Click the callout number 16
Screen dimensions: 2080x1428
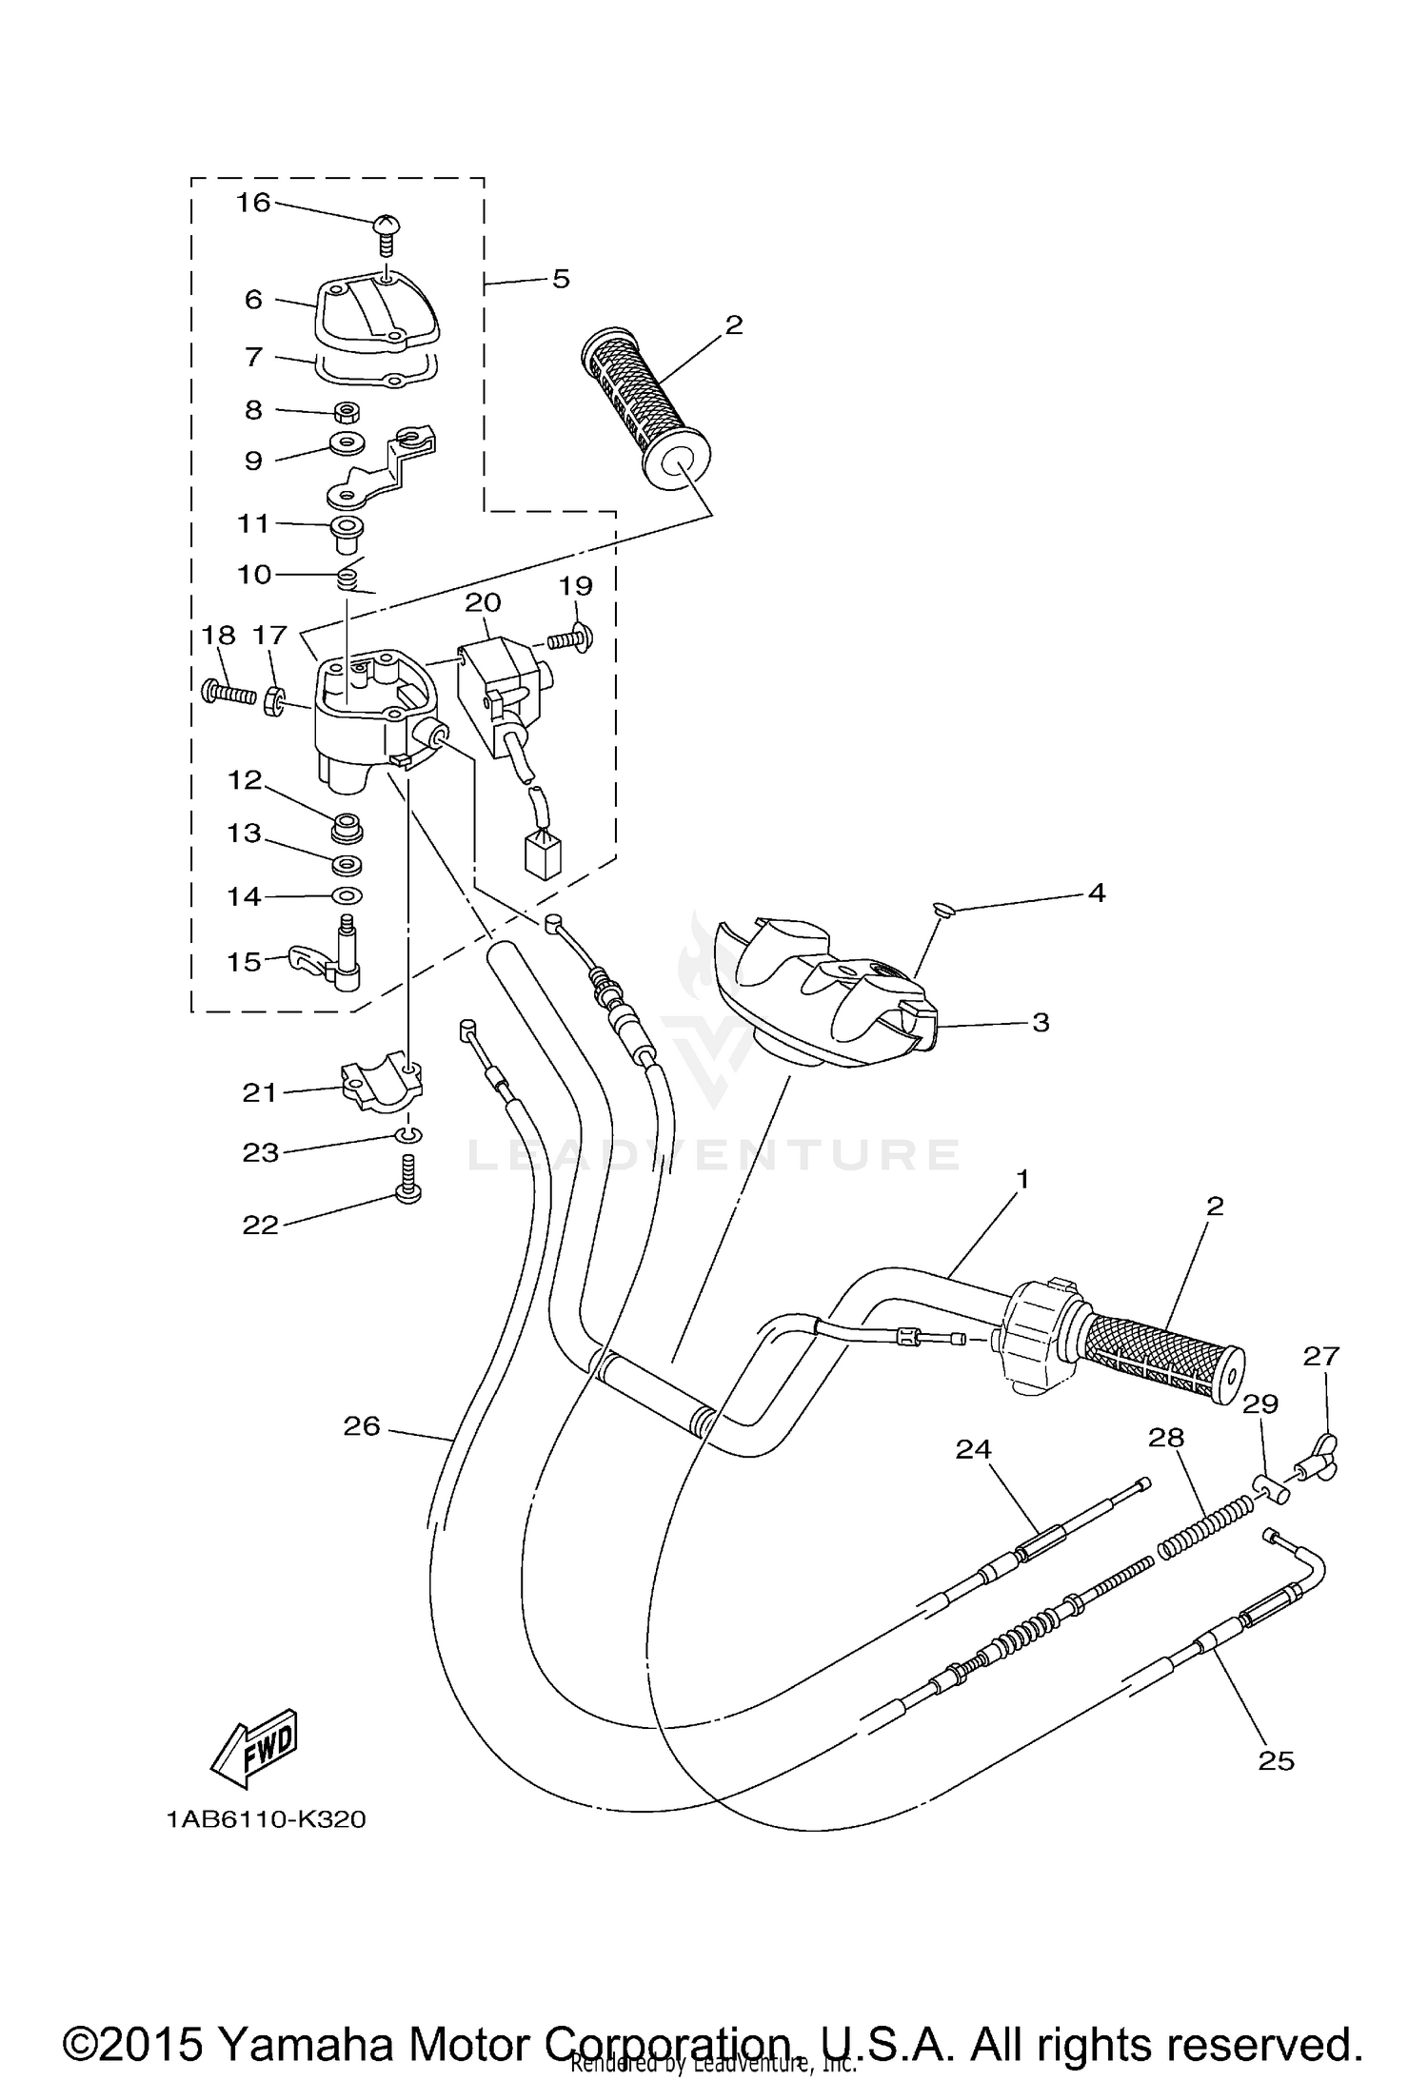(253, 202)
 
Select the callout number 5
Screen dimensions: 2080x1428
(560, 279)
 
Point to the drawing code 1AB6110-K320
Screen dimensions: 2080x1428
(266, 1819)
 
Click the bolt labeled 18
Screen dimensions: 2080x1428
(229, 691)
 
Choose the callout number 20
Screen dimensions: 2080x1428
(484, 602)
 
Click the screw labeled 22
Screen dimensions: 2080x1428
(408, 1180)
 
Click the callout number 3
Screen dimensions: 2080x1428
(1041, 1022)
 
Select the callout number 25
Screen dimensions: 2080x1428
(1276, 1760)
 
